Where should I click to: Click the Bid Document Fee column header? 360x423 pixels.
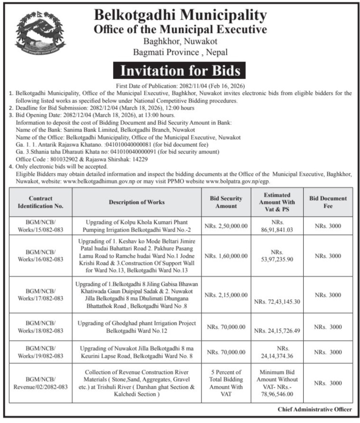(328, 202)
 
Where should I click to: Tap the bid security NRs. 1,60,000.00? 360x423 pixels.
(226, 256)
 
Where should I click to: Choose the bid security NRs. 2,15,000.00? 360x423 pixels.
(226, 295)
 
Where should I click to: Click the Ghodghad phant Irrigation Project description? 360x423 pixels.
(138, 327)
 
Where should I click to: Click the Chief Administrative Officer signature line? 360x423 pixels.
(315, 410)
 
